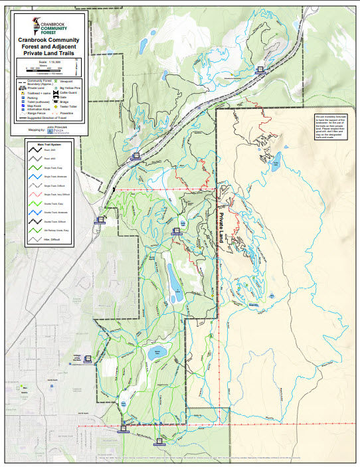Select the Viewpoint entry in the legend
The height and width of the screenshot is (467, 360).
(68, 81)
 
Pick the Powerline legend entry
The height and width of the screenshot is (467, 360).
(68, 114)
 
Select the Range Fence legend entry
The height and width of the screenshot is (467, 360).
(33, 114)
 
